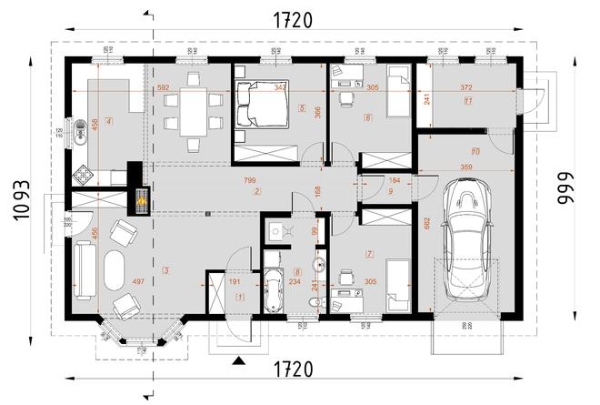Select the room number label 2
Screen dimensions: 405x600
click(258, 192)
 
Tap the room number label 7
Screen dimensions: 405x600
click(369, 252)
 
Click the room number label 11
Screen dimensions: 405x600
click(467, 102)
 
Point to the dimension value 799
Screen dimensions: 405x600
click(249, 181)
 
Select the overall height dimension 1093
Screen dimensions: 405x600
click(23, 199)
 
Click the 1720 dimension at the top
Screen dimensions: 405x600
click(289, 19)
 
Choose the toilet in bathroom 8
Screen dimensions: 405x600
click(313, 302)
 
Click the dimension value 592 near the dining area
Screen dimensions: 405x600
click(164, 87)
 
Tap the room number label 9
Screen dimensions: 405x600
click(389, 192)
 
